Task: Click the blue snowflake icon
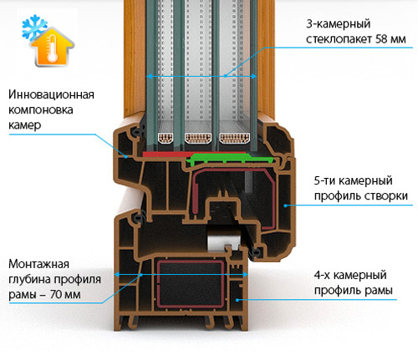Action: pos(33,27)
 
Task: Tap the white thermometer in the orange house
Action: pos(52,48)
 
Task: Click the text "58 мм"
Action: pos(390,38)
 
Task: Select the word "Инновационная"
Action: pos(51,94)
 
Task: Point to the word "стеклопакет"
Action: pos(339,39)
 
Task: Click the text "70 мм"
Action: pos(65,294)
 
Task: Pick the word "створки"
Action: pos(389,195)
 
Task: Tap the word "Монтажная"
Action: pos(38,264)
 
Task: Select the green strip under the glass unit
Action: pos(232,159)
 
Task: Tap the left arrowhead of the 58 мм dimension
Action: pos(150,76)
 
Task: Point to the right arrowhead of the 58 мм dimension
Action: pos(253,76)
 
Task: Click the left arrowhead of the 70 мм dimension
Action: pos(118,275)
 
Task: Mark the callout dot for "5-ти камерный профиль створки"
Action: pos(285,205)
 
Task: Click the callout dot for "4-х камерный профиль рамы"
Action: pos(237,300)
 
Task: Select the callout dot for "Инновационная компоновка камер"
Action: pos(126,157)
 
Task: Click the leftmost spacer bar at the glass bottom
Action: pos(166,138)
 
